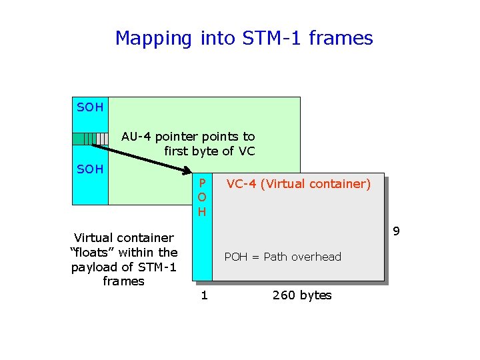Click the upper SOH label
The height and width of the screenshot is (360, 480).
(x=90, y=107)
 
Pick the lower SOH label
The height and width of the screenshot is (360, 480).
(x=90, y=169)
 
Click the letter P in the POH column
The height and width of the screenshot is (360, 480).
(x=203, y=183)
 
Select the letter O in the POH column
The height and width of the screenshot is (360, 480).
(x=202, y=197)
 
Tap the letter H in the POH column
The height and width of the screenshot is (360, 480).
(x=202, y=212)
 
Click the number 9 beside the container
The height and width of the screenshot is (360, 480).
(x=396, y=231)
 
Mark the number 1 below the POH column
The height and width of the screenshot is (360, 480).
(x=205, y=295)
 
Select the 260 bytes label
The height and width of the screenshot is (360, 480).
(x=302, y=295)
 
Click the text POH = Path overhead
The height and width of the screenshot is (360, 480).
(x=283, y=257)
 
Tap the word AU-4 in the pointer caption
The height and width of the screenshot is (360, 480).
(x=136, y=137)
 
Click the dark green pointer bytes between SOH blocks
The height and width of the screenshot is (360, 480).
(x=84, y=139)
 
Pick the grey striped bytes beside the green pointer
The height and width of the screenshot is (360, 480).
(x=101, y=139)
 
